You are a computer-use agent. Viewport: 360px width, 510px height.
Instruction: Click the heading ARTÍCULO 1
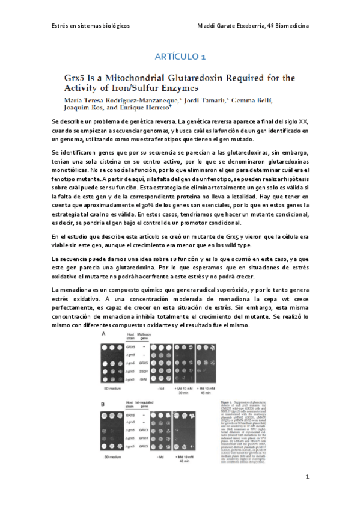[x=180, y=57]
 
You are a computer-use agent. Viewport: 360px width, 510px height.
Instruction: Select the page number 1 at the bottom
[x=307, y=477]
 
